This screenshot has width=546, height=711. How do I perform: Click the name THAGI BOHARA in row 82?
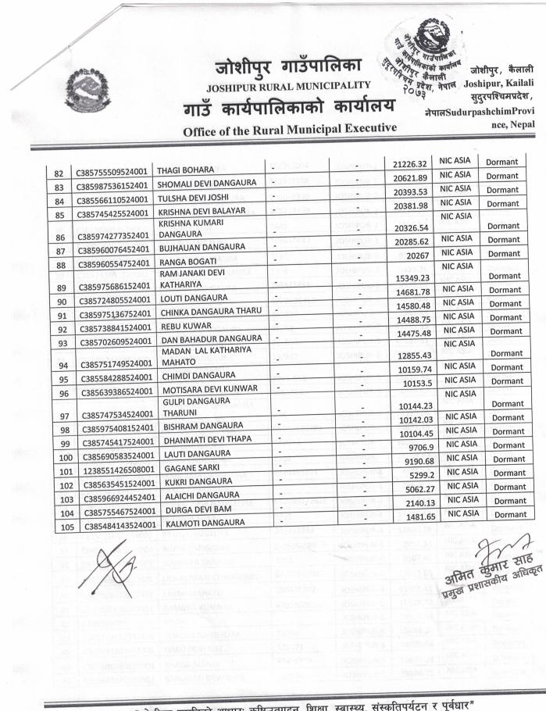(x=186, y=171)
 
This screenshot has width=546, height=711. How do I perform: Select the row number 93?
(x=58, y=344)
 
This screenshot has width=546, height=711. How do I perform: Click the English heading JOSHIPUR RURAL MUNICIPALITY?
(x=288, y=85)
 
